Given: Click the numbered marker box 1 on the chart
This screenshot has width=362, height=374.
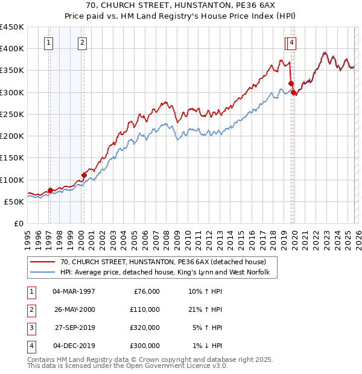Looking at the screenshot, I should coord(48,42).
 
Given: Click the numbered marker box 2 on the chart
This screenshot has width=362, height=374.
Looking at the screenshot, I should coord(81,42).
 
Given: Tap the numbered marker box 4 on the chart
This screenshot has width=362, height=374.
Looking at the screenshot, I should coord(291,42).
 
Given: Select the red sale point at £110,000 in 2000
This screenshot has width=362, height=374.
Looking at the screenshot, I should coord(84,175).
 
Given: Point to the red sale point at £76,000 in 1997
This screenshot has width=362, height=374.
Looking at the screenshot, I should coord(50,190).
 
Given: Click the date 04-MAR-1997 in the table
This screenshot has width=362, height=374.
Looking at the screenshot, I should coord(74,291).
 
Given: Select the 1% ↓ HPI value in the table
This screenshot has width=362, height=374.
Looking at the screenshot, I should coord(207,346).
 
